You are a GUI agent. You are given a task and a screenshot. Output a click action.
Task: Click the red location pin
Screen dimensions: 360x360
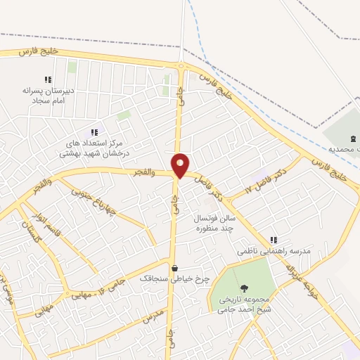coord(181,165)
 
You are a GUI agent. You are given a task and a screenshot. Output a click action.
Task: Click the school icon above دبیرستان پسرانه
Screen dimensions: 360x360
coord(47,80)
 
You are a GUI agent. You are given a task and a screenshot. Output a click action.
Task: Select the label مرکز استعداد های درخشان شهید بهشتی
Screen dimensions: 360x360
coord(94,148)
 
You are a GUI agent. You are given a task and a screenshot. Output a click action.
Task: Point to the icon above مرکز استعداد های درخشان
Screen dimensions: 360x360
coord(94,132)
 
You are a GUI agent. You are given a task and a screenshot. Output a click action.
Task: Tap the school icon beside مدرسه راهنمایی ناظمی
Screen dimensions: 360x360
coord(274,240)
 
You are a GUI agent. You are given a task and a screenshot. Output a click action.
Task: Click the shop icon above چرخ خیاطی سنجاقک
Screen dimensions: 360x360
coord(174,268)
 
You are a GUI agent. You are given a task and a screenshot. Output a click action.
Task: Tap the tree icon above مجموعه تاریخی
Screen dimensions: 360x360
coord(244,288)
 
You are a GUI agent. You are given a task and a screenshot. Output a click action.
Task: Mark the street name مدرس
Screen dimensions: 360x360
coord(153,316)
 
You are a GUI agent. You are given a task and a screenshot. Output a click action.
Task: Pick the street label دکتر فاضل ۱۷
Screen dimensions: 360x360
coord(265,179)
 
